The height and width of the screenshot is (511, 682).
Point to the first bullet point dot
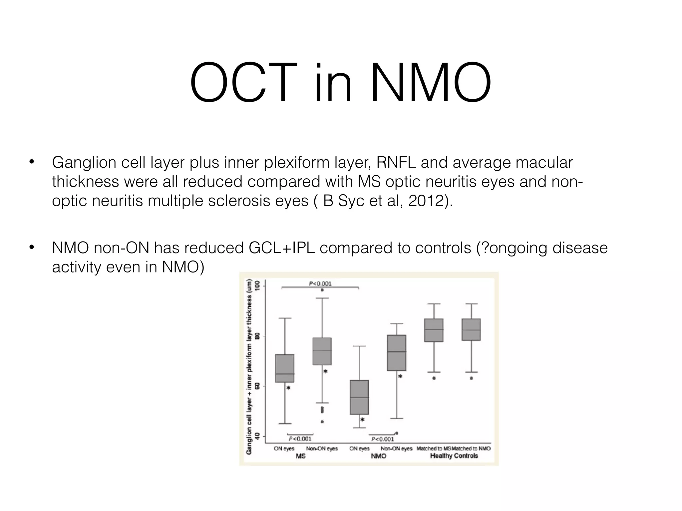[32, 162]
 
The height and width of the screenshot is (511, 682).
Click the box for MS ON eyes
[285, 368]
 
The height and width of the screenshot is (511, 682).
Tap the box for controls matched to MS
[434, 330]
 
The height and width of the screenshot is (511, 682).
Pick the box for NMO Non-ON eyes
[397, 353]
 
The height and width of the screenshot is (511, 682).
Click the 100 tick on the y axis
[257, 286]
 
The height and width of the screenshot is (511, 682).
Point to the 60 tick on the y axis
[257, 386]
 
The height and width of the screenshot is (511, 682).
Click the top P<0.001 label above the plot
[320, 284]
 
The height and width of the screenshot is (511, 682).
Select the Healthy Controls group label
[454, 456]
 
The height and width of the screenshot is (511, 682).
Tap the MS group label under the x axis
[300, 456]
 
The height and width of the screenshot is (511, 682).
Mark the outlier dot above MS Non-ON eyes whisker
[322, 290]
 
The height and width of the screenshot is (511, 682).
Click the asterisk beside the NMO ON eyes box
[363, 420]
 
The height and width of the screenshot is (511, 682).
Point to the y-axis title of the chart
[249, 366]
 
